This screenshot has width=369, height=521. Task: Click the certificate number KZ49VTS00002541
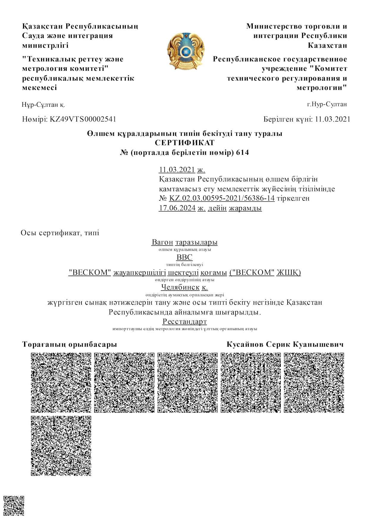coord(83,119)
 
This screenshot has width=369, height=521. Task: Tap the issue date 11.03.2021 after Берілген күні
coord(332,119)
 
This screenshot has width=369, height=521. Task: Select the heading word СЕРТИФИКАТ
coord(184,143)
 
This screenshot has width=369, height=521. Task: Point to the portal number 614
coord(242,153)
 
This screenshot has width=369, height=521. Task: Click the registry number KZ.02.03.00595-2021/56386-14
coord(222,198)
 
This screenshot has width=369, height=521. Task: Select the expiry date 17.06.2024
coord(177,208)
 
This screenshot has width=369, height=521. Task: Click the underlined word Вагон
coord(162,242)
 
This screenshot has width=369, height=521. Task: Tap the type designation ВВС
coord(184,257)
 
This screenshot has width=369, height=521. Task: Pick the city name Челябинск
coord(180,287)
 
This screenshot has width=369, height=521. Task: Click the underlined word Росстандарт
coord(184,321)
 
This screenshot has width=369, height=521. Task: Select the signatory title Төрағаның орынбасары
coord(70,345)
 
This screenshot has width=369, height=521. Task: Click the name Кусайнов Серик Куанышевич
coord(285,345)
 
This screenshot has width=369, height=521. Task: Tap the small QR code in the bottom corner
coord(14,506)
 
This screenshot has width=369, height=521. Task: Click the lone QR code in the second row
coord(61,446)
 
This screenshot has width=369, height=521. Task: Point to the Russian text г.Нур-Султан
coord(327,104)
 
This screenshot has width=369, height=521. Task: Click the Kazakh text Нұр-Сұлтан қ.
coord(43,105)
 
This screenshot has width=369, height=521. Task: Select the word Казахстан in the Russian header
coord(327,45)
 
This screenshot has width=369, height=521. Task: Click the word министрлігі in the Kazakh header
coord(45,45)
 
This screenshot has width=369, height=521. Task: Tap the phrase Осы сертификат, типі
coord(60,233)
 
